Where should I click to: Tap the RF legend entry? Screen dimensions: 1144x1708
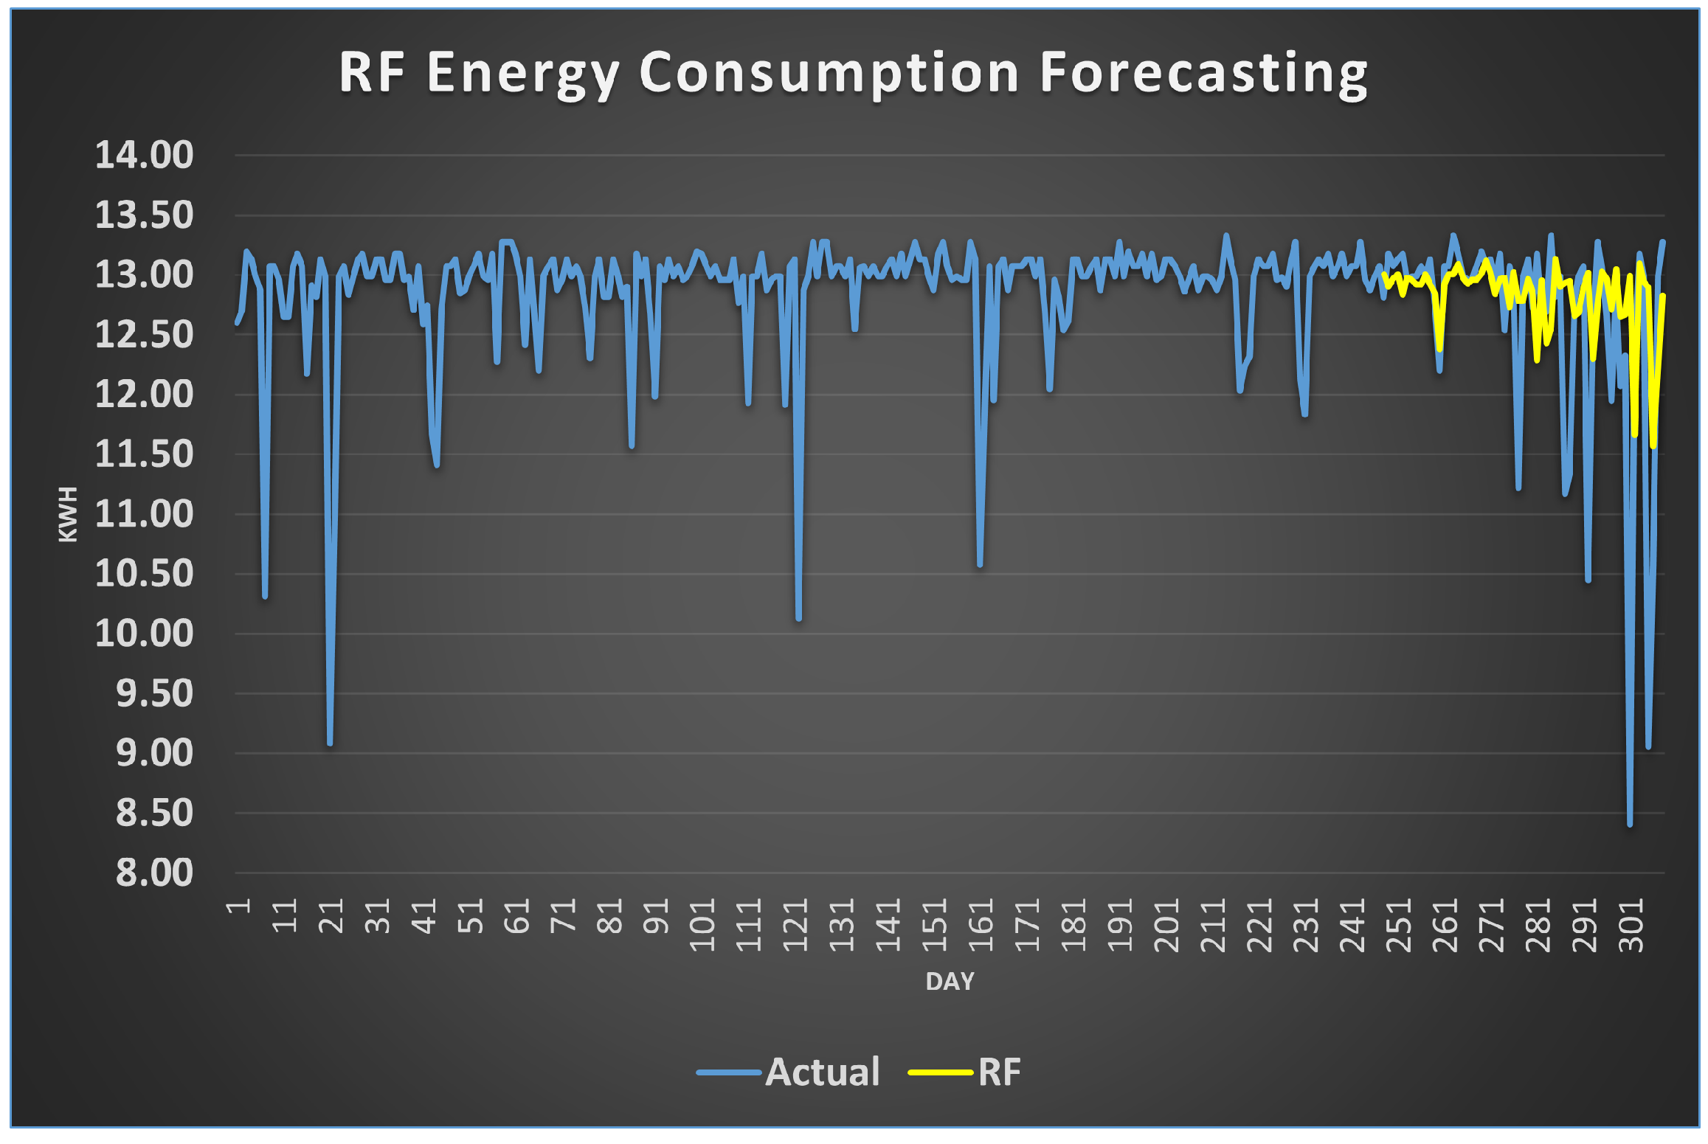point(998,1072)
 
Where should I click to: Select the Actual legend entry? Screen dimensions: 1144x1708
point(822,1072)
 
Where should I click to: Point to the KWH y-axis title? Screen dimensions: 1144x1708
point(67,514)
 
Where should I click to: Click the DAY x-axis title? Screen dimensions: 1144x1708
point(950,981)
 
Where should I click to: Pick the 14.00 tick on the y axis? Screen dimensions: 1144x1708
point(145,155)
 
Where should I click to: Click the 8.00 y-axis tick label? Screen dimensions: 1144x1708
point(153,873)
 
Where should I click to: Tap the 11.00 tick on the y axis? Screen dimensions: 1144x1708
point(145,514)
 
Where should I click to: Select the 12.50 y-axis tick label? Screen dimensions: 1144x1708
point(145,335)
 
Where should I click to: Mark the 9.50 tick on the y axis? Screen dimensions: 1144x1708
point(153,693)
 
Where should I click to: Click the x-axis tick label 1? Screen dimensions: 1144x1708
point(238,906)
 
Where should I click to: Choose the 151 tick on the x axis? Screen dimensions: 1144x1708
point(934,925)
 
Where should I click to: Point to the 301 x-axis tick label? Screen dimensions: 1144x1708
point(1631,925)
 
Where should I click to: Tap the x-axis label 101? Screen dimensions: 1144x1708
point(702,925)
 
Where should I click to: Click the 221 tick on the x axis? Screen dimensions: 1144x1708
point(1259,925)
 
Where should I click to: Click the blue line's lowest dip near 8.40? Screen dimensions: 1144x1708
point(1629,823)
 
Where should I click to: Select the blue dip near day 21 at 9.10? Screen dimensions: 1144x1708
point(330,742)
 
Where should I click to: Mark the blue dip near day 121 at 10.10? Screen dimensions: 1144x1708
point(798,618)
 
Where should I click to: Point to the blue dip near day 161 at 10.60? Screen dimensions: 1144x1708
point(980,564)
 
